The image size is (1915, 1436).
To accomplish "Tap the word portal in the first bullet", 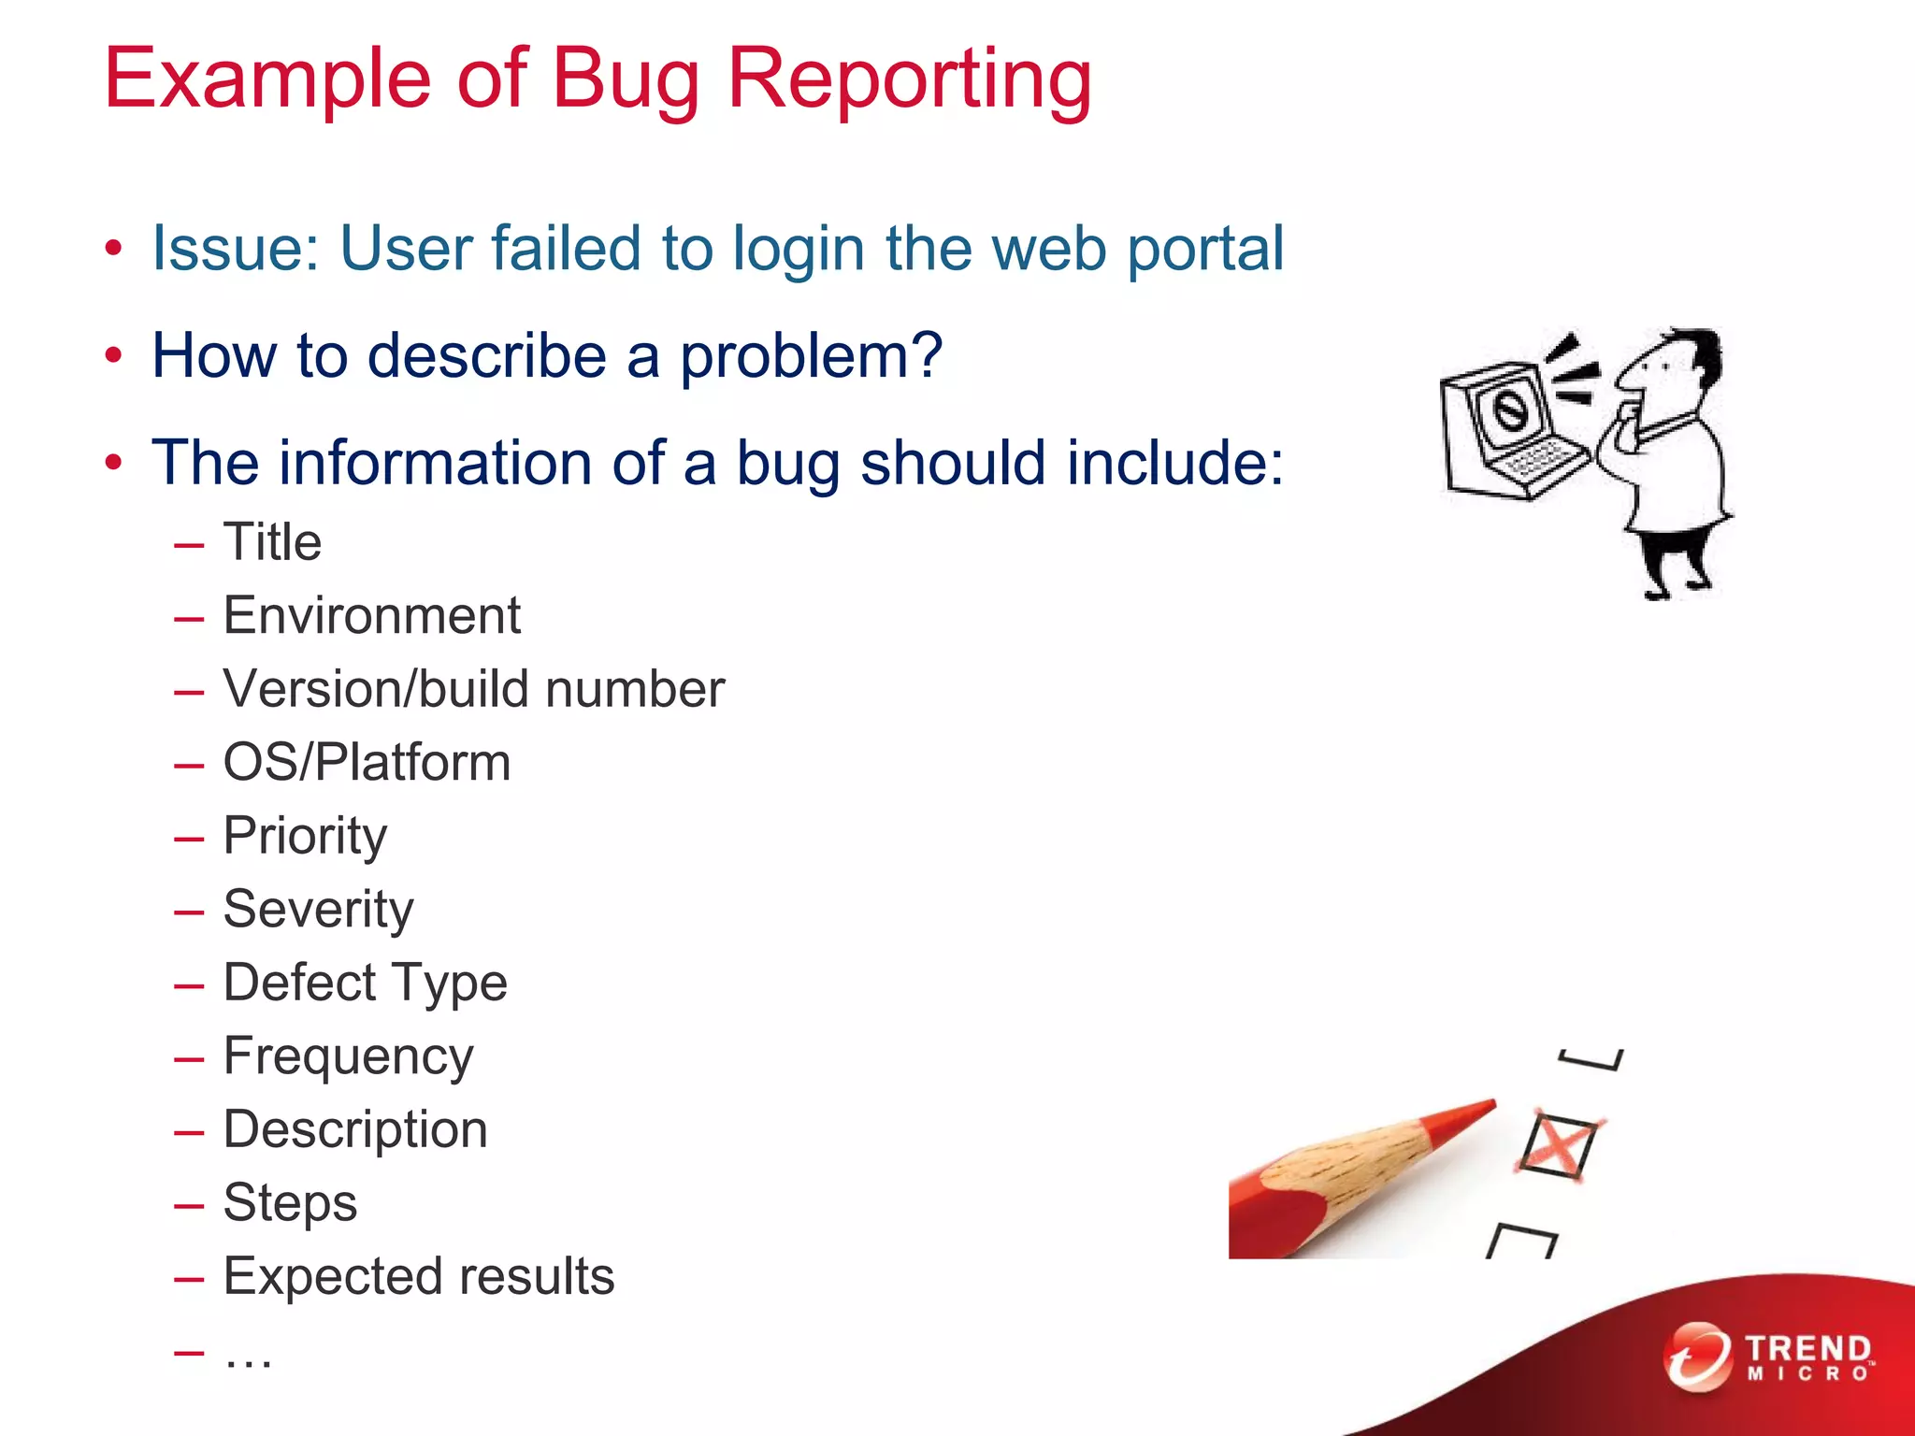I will point(1205,250).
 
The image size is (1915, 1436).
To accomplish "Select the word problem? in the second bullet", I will point(811,357).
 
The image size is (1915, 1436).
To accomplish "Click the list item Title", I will point(272,542).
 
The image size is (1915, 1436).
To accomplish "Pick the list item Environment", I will point(371,616).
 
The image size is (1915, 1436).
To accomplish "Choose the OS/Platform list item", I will point(367,763).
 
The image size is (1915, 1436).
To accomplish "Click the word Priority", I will point(305,837).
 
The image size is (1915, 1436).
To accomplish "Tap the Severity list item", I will point(318,910).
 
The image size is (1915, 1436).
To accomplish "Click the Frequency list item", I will point(348,1057).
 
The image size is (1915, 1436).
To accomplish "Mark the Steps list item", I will point(290,1203).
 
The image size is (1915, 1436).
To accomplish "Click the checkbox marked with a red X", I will point(1557,1145).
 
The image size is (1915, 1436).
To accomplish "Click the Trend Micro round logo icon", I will point(1697,1357).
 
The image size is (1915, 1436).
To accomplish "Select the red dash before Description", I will point(189,1131).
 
